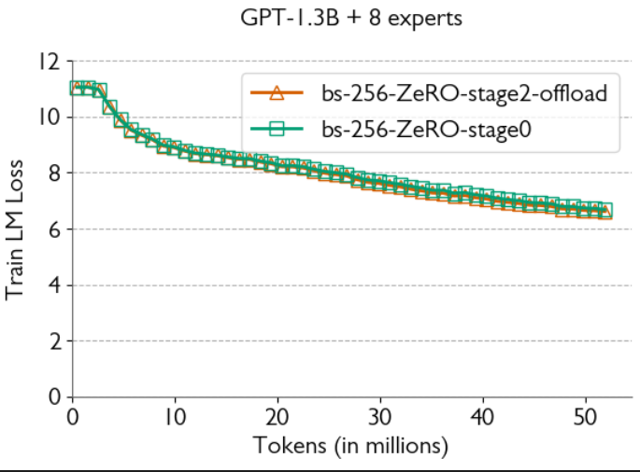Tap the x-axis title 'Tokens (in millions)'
tap(351, 445)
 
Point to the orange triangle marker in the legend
tap(275, 92)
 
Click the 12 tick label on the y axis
tap(50, 62)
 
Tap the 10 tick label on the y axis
tap(50, 118)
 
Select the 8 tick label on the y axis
tap(54, 174)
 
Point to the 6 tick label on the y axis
tap(54, 229)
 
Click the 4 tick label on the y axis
tap(54, 285)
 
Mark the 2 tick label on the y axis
tap(54, 341)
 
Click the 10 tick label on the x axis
tap(175, 416)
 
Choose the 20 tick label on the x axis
tap(277, 416)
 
